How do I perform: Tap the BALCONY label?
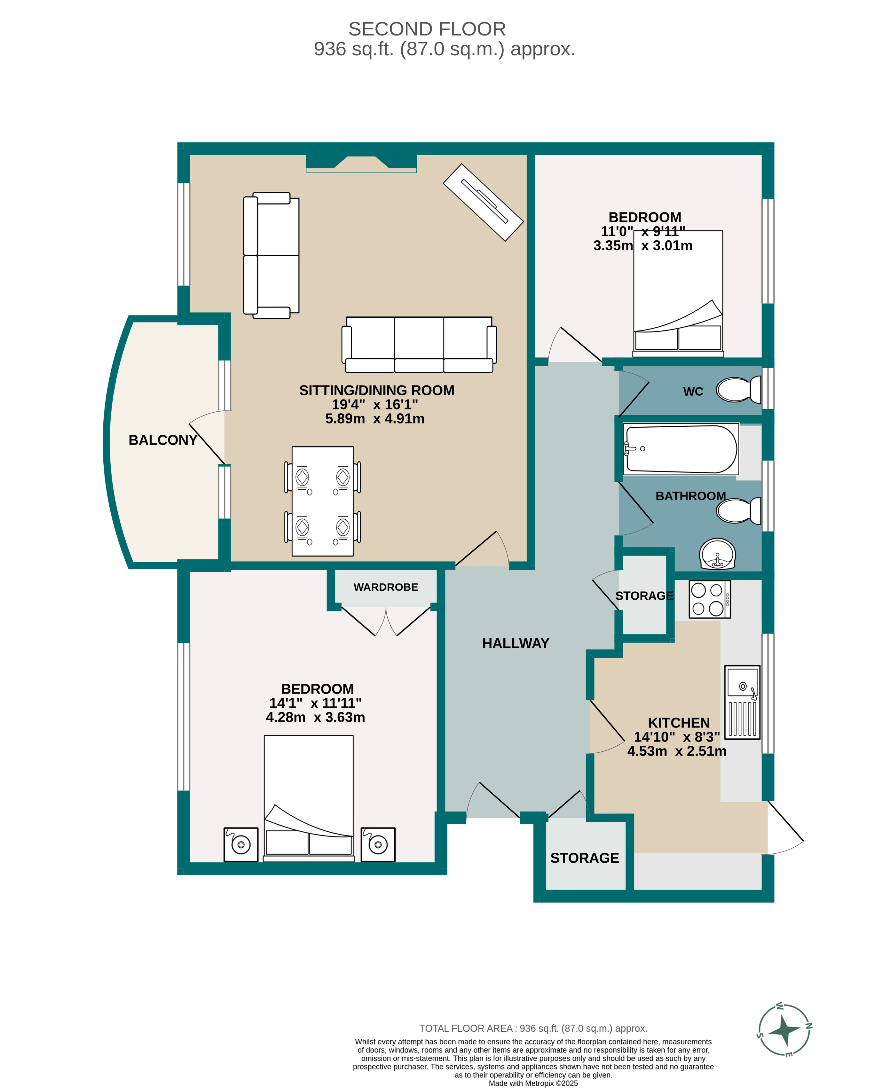coord(162,440)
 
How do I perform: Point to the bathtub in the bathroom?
coord(680,449)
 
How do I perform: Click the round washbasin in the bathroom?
coord(717,554)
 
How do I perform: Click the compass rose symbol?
coord(785,1030)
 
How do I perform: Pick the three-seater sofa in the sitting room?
coord(419,344)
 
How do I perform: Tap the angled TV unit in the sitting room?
coord(483,202)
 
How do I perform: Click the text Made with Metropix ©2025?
coord(533,1083)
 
